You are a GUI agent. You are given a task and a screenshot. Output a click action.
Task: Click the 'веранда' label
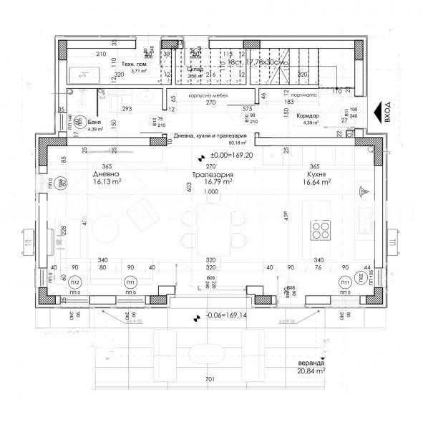pos(310,363)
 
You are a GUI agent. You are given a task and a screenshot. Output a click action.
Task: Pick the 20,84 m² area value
pos(312,371)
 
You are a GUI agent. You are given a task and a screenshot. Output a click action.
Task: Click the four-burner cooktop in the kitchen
pos(320,229)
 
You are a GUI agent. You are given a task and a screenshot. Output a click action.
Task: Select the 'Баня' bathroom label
pos(95,123)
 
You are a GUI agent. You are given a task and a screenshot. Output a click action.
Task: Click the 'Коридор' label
pos(308,115)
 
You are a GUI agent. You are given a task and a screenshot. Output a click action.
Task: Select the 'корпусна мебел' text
pos(208,94)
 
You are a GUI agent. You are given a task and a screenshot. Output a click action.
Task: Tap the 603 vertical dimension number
pos(190,187)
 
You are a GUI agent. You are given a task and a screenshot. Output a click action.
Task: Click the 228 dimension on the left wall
pos(64,229)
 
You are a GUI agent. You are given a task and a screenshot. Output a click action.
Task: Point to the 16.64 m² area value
pos(316,183)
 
